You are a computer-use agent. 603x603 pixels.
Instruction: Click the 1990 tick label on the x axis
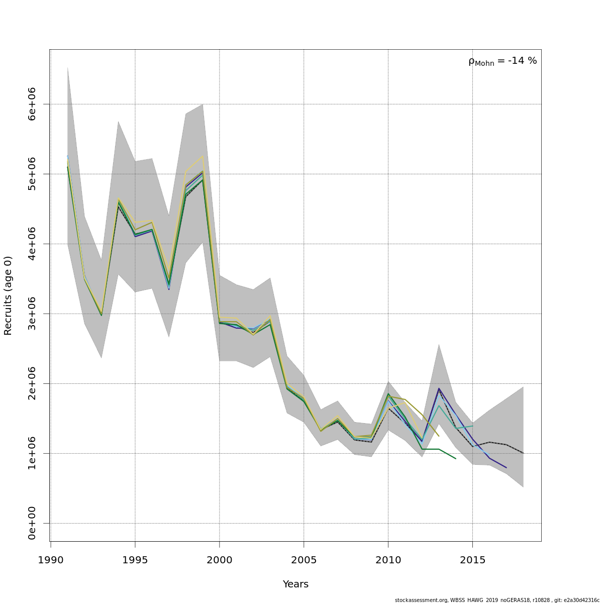51,560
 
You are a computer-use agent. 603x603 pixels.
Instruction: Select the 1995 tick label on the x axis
135,560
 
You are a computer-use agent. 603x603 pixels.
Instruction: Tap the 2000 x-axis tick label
220,560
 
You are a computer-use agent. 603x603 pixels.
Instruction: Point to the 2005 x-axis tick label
304,560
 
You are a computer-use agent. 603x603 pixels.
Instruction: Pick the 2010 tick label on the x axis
388,560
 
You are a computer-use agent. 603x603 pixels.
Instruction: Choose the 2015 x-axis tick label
472,560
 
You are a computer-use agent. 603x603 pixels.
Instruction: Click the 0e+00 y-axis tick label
32,523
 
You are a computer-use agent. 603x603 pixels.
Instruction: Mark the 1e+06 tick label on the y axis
32,453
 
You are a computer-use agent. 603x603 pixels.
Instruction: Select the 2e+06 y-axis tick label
32,383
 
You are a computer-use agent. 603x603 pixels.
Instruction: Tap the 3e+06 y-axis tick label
32,314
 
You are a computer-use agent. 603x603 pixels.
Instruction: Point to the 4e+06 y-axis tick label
32,244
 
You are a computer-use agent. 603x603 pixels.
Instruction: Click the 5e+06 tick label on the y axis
32,174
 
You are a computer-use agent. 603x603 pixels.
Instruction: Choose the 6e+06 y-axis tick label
32,104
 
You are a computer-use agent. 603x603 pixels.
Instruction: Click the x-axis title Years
295,584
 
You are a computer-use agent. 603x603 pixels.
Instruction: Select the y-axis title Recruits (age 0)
8,295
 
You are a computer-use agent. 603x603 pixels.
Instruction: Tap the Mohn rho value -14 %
522,61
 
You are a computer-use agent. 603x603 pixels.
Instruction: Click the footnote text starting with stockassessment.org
497,600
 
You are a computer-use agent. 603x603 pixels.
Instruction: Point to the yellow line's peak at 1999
203,156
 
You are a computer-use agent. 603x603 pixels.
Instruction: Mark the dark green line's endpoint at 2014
455,458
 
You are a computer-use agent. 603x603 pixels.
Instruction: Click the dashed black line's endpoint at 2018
523,453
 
